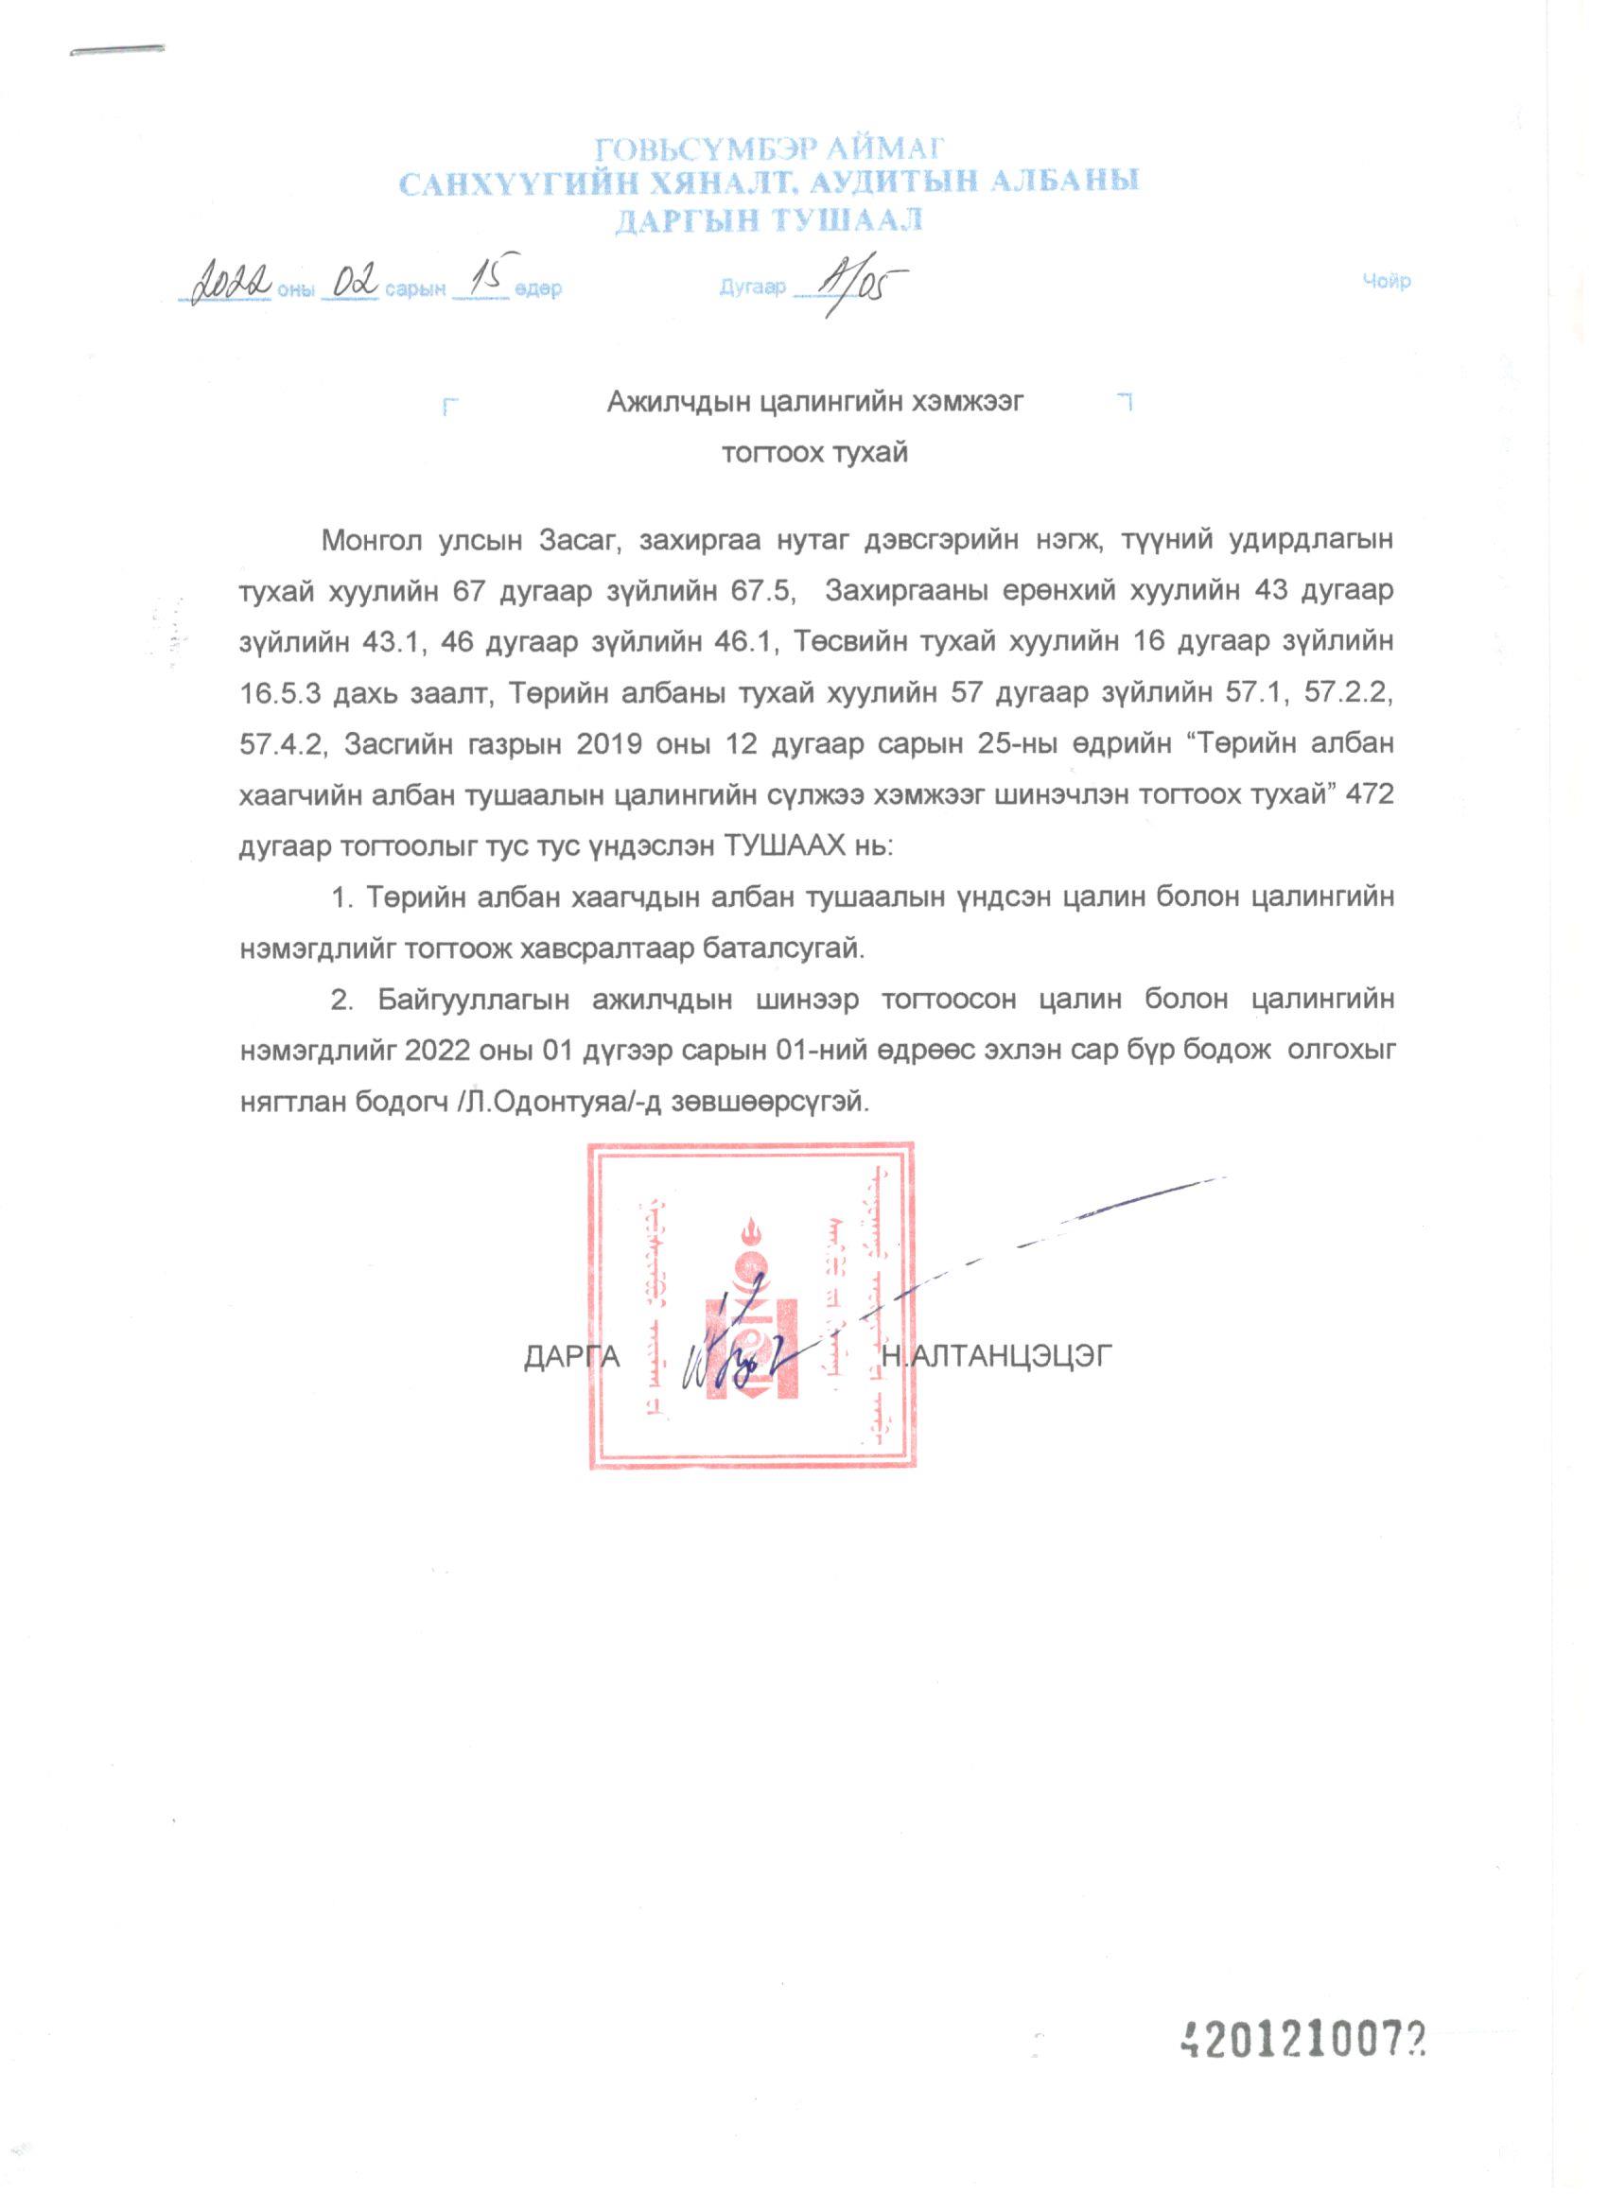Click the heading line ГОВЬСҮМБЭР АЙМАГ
pyautogui.click(x=769, y=148)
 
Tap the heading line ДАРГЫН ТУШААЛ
pyautogui.click(x=769, y=220)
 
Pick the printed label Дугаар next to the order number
pyautogui.click(x=752, y=287)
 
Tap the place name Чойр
pyautogui.click(x=1386, y=282)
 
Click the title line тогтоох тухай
pyautogui.click(x=814, y=453)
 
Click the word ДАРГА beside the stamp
pyautogui.click(x=572, y=1357)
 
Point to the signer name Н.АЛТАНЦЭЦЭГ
pyautogui.click(x=996, y=1357)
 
